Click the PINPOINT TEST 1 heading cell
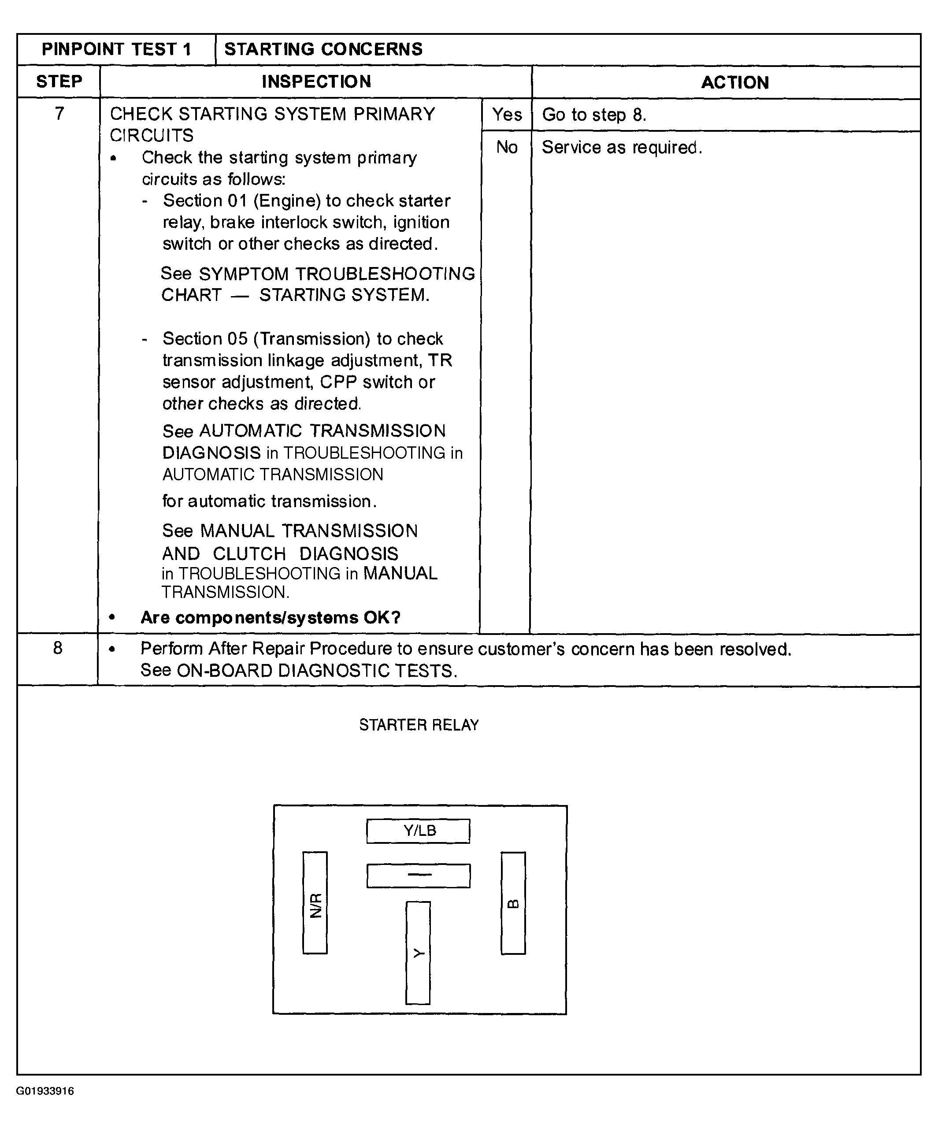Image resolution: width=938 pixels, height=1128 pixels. click(x=117, y=49)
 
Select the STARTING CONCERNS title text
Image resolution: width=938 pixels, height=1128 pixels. click(x=323, y=49)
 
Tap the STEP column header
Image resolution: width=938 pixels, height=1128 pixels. click(x=59, y=82)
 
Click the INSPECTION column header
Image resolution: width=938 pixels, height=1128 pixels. click(x=316, y=82)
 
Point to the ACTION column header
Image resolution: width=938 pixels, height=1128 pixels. click(x=735, y=83)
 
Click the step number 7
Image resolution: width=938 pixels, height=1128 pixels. click(x=59, y=113)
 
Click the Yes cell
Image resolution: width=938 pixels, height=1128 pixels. click(x=507, y=115)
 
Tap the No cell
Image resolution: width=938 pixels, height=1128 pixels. click(x=507, y=147)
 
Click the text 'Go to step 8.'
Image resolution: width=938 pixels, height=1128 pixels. click(x=593, y=115)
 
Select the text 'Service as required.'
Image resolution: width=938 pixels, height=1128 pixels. click(x=622, y=147)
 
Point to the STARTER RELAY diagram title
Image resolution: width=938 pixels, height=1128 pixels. click(x=419, y=725)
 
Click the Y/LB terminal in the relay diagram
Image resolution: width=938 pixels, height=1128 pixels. click(x=419, y=831)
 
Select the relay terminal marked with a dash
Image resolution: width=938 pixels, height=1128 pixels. click(x=419, y=876)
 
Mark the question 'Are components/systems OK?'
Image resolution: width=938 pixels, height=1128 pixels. click(x=270, y=618)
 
